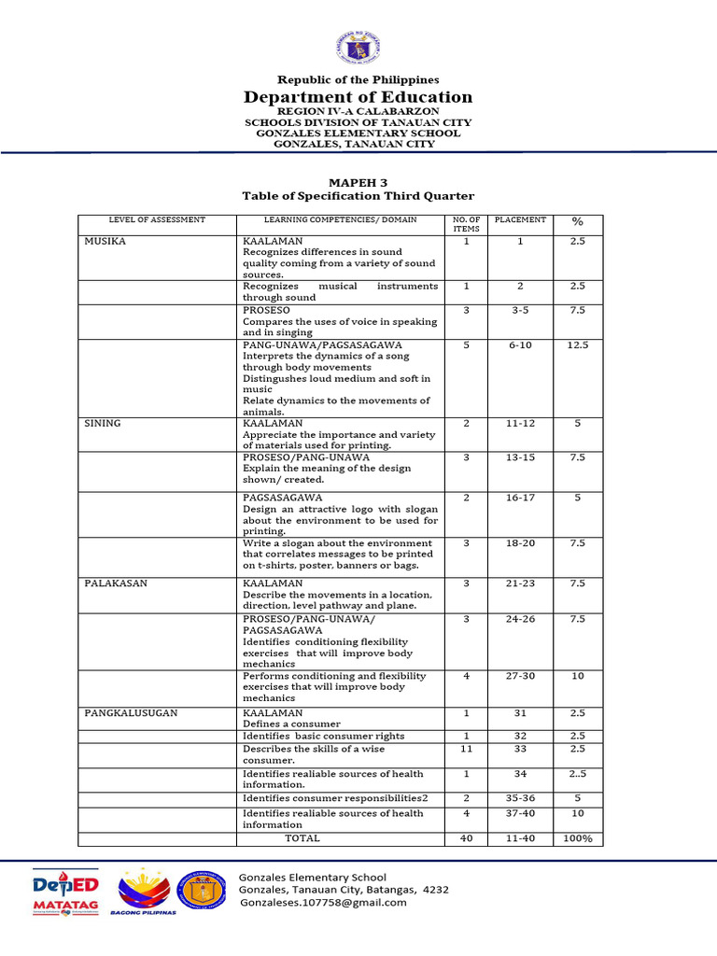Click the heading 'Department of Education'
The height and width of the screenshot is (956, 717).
click(358, 97)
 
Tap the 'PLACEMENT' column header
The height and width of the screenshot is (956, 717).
click(520, 220)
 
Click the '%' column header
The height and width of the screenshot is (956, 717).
click(577, 221)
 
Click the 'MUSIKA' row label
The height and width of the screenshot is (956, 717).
click(105, 241)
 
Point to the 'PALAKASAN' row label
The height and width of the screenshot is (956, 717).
click(115, 583)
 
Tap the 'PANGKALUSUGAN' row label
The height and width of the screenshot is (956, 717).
click(131, 712)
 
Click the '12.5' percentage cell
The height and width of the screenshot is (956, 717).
click(577, 345)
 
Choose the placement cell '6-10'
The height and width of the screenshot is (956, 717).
click(520, 345)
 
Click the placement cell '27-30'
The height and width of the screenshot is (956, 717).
click(520, 676)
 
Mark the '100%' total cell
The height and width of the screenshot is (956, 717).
click(577, 838)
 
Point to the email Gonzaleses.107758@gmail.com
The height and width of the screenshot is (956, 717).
click(323, 903)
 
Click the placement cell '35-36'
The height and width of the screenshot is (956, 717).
click(520, 799)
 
